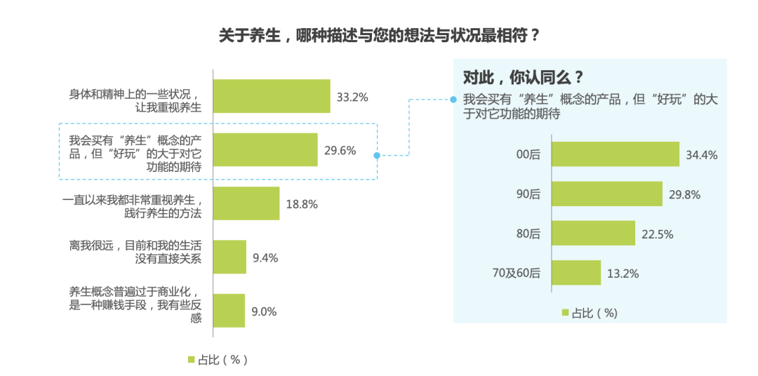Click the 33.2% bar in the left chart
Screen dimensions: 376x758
[x=271, y=96]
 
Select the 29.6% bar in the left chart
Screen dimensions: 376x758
[x=265, y=149]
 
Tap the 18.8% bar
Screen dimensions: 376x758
[x=246, y=203]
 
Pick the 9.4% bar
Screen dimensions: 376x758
[x=230, y=257]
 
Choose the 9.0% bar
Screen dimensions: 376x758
[x=229, y=311]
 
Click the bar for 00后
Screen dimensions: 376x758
[x=616, y=154]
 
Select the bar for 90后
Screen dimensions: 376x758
[x=607, y=194]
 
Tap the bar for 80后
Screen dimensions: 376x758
[x=594, y=233]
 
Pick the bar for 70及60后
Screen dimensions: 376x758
[x=576, y=272]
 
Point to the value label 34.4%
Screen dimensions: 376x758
[x=702, y=155]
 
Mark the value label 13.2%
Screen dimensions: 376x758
[x=623, y=274]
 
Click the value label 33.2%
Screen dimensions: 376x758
[x=352, y=97]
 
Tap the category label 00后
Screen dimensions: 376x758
[x=528, y=155]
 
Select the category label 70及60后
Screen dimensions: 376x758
[x=517, y=273]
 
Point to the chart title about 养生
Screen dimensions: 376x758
[x=379, y=35]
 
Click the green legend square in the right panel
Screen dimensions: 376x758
[x=565, y=313]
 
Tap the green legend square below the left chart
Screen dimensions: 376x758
[x=191, y=359]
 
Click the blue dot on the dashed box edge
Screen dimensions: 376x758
[x=377, y=156]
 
